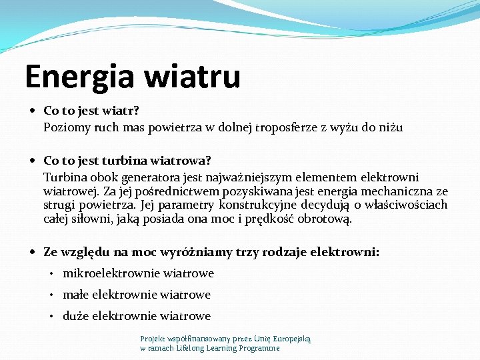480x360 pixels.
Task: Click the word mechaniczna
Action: point(400,191)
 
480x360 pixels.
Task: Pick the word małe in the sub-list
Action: point(75,295)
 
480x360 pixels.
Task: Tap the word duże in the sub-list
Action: point(75,316)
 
